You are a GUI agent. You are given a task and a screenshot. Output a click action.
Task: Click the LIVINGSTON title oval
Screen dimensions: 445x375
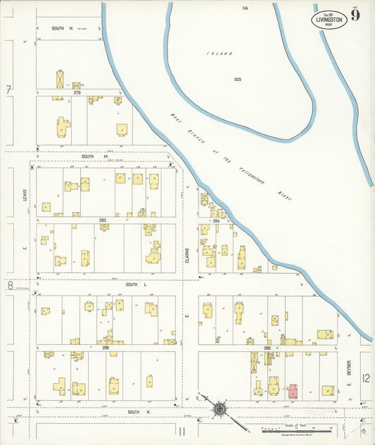329,18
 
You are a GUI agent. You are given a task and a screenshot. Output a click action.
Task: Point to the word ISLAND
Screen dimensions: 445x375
215,54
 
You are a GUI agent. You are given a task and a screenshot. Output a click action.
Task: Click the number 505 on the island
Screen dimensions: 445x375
238,80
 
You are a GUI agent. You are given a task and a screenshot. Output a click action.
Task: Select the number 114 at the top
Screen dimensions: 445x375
245,8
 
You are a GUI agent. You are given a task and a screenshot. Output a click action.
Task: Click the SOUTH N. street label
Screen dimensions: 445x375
62,28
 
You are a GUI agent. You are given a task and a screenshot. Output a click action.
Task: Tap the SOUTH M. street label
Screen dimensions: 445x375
93,156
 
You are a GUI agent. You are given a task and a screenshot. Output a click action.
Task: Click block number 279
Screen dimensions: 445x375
77,92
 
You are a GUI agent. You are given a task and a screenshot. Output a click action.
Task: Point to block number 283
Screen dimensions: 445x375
103,220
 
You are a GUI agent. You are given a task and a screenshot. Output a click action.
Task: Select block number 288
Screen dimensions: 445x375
105,348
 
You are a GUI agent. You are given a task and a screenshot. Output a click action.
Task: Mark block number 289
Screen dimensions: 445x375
267,348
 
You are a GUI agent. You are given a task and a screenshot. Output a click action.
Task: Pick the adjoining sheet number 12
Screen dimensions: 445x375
366,378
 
